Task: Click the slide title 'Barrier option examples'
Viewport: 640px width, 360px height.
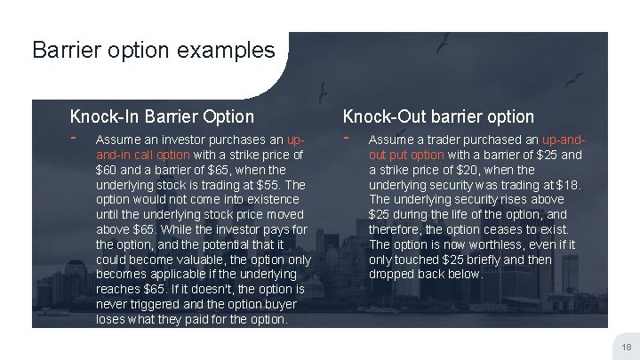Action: [x=154, y=50]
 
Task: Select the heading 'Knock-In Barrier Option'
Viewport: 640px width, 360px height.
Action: [x=162, y=116]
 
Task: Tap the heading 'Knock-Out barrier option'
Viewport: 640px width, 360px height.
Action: [x=438, y=116]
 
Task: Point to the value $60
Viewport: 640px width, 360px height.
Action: [x=108, y=170]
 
